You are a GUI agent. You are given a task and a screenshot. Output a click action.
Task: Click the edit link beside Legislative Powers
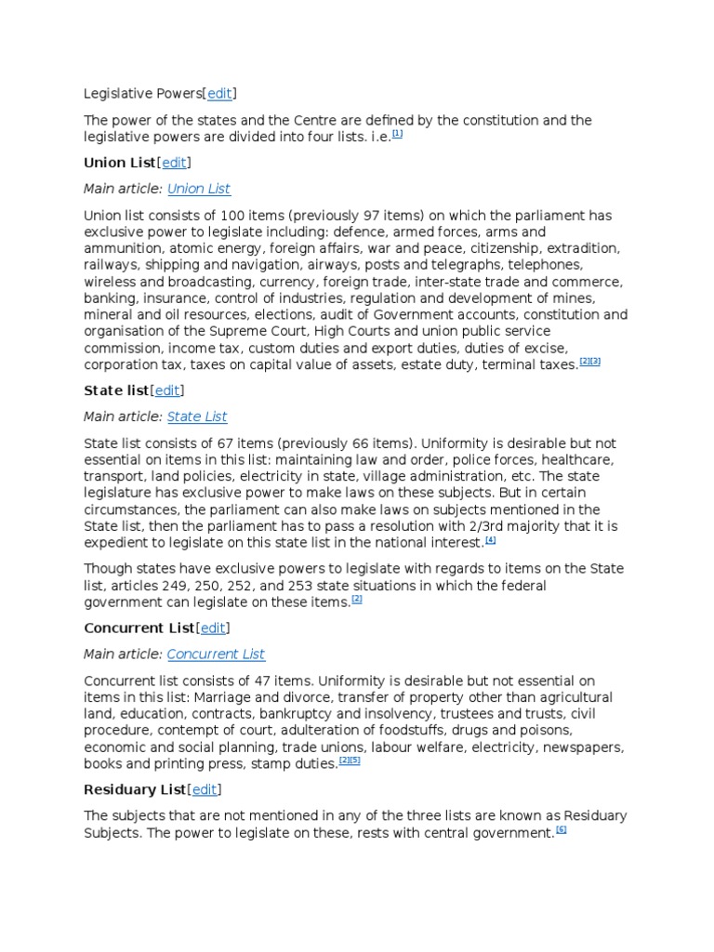pos(219,93)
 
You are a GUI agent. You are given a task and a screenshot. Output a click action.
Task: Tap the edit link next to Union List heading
pos(174,163)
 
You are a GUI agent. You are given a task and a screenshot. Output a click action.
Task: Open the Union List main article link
pos(198,189)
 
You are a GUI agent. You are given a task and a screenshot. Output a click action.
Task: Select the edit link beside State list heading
pos(167,390)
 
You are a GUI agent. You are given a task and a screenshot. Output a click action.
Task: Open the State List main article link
pos(196,416)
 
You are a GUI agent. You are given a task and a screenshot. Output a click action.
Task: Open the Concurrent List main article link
pos(216,654)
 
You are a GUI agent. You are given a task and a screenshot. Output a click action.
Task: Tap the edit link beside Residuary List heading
pos(204,789)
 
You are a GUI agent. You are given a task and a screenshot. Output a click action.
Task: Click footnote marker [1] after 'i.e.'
pos(397,134)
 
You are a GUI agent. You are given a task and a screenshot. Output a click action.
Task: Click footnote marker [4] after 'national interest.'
pos(490,540)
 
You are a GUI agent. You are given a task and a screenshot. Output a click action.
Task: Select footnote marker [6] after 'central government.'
pos(561,830)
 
